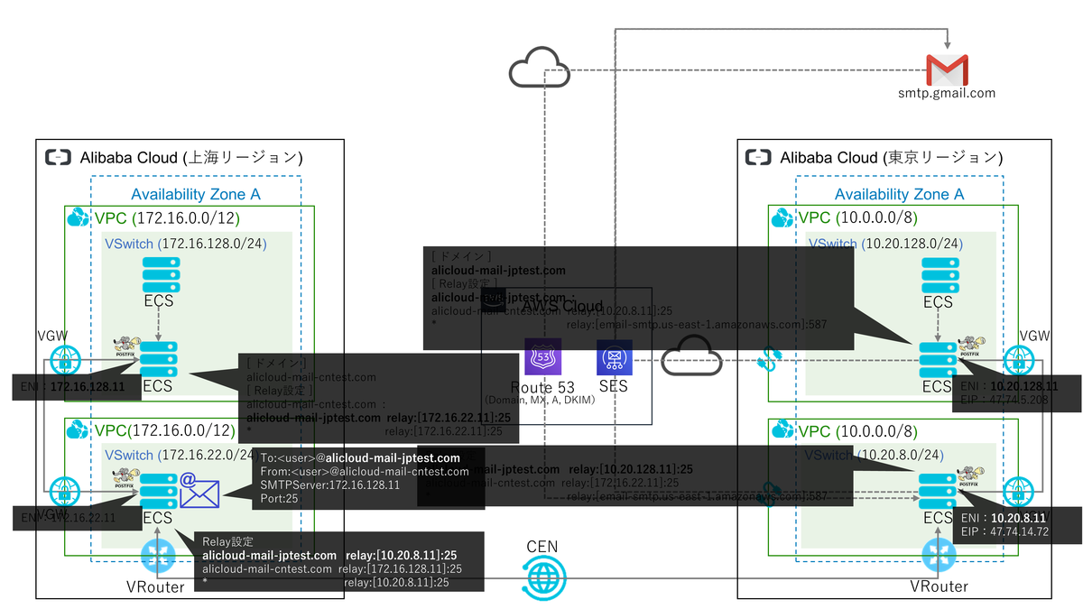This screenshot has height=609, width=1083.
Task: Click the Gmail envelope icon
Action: [x=947, y=69]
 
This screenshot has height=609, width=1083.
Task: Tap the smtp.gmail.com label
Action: [x=947, y=92]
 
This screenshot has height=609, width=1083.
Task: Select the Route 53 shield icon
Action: [x=542, y=357]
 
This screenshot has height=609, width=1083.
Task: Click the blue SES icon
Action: [x=614, y=357]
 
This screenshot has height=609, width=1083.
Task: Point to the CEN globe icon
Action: [x=544, y=577]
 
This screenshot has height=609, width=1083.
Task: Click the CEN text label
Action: [x=543, y=548]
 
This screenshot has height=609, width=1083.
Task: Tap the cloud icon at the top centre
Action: [x=539, y=69]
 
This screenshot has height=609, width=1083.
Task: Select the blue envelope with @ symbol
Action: [x=199, y=491]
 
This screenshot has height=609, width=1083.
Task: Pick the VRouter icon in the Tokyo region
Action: [x=939, y=557]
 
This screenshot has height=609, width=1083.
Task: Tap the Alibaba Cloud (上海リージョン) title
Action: [x=191, y=158]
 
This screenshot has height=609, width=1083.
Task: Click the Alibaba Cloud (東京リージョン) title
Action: [x=885, y=158]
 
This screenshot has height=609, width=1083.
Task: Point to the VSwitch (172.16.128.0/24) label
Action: [x=186, y=244]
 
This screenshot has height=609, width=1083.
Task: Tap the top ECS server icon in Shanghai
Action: [x=162, y=274]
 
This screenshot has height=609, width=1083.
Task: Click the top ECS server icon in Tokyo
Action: [x=939, y=274]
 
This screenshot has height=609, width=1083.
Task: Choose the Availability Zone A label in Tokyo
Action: [x=899, y=194]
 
